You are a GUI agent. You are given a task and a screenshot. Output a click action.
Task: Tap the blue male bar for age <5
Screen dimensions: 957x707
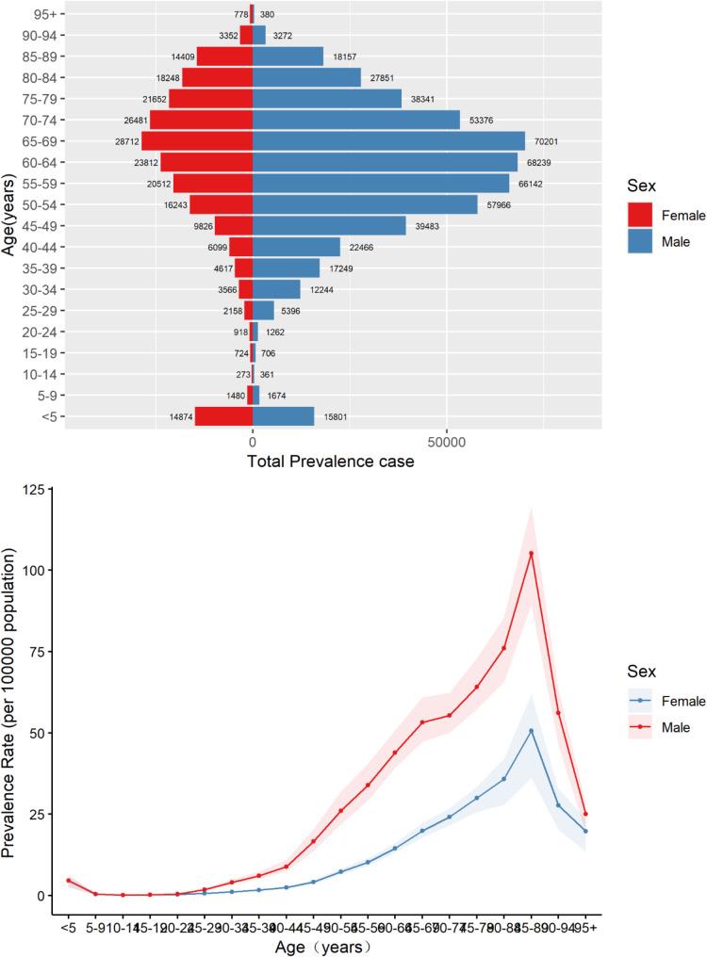(283, 416)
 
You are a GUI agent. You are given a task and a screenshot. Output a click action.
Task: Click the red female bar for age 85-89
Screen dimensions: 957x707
(224, 57)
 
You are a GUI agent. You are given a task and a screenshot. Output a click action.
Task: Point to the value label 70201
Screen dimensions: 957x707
(548, 141)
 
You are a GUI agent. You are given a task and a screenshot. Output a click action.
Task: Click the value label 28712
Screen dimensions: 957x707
(124, 141)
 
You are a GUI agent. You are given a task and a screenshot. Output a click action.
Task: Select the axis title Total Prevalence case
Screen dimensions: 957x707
(330, 462)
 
